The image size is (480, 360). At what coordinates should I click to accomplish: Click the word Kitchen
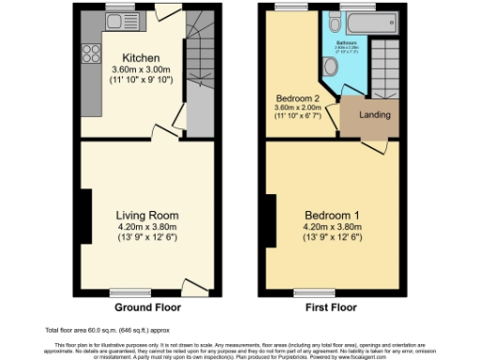click(140, 56)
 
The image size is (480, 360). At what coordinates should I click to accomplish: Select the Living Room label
click(147, 215)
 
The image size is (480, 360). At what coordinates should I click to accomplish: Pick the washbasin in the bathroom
click(335, 24)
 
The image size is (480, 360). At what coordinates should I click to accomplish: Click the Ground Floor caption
click(147, 307)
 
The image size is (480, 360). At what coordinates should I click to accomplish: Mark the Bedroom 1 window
click(302, 292)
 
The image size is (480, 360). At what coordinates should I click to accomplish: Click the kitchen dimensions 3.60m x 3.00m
click(140, 68)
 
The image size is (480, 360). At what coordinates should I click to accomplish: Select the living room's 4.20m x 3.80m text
click(147, 226)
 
